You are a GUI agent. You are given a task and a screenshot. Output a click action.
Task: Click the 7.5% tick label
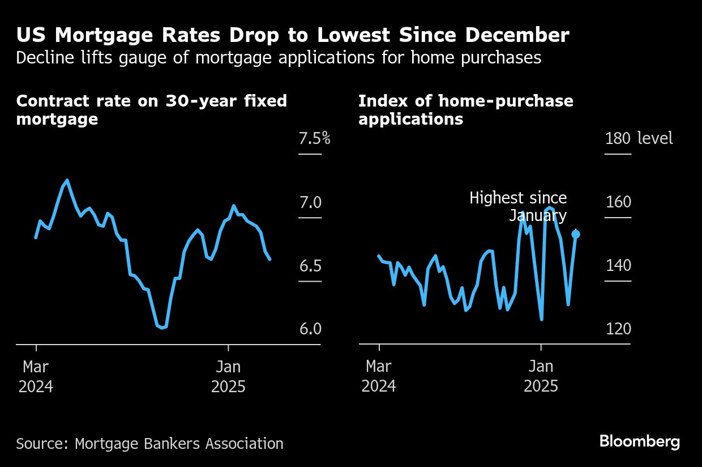[x=314, y=138]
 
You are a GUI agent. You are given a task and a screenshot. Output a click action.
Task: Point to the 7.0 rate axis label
[x=310, y=202]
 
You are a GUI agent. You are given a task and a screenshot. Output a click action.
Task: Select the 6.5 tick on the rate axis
[x=310, y=266]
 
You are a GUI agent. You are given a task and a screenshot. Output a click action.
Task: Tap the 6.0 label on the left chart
[x=310, y=329]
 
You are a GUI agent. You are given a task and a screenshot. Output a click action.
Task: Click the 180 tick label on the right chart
[x=618, y=138]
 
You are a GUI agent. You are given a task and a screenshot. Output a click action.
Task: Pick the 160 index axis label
[x=618, y=202]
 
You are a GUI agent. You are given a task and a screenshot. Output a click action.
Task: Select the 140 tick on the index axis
[x=618, y=265]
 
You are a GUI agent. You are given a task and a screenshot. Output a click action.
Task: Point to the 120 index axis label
[x=618, y=329]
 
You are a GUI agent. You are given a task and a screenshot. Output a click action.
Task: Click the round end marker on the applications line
[x=576, y=233]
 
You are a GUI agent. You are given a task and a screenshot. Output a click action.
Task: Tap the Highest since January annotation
[x=518, y=207]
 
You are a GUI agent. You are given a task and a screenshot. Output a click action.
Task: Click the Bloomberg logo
[x=640, y=441]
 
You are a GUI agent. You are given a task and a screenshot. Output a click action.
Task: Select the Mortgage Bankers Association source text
[x=179, y=443]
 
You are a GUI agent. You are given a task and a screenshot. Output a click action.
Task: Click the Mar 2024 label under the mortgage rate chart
[x=36, y=376]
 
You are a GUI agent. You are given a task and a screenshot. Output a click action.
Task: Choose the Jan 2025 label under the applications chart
[x=541, y=376]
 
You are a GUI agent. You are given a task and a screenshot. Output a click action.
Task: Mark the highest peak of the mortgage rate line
[x=67, y=180]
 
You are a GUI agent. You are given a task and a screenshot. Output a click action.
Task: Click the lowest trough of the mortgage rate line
[x=162, y=328]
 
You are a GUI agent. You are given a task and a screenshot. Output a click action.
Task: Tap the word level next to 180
[x=655, y=138]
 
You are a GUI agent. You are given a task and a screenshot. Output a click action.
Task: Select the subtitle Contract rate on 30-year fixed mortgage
[x=151, y=110]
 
